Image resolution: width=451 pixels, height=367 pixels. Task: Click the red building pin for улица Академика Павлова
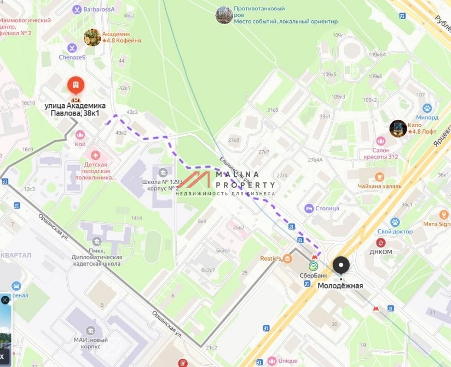point(76,86)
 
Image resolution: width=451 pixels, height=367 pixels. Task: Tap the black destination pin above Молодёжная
point(342,266)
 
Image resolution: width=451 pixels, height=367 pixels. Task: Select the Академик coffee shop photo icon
point(92,37)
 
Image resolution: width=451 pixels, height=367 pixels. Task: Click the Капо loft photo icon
point(398,129)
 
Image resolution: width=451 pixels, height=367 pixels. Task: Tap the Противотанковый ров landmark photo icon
point(224,15)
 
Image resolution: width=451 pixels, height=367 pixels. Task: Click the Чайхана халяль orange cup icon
point(379,176)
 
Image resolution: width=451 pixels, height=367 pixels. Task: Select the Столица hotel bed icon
point(309,208)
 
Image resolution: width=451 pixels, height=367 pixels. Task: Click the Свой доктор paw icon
point(395,222)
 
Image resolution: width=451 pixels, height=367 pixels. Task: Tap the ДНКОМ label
point(381,251)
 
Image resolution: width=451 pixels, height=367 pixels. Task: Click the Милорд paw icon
point(427,108)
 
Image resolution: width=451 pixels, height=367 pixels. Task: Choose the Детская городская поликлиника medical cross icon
point(96,156)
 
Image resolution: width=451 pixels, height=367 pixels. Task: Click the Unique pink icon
point(271,361)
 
